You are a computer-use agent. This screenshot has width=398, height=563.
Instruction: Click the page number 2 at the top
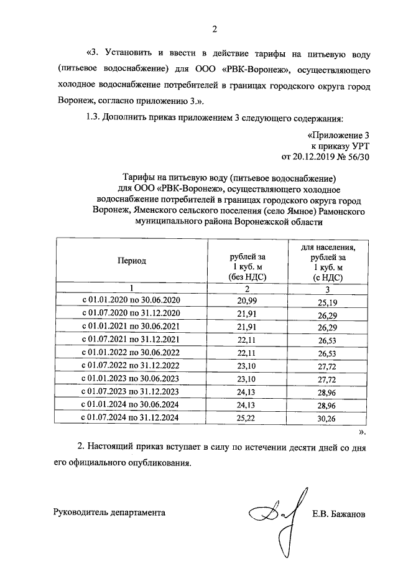[215, 28]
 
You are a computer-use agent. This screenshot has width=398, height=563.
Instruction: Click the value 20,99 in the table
[248, 300]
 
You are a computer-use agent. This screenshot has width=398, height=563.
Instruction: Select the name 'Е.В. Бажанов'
[339, 514]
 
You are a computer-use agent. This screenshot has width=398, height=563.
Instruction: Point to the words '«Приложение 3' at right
[338, 134]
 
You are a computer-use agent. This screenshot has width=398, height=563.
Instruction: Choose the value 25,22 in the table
[248, 419]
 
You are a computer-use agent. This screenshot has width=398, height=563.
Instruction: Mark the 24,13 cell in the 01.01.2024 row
[248, 405]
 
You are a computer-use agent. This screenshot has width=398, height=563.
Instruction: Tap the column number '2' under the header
[248, 288]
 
